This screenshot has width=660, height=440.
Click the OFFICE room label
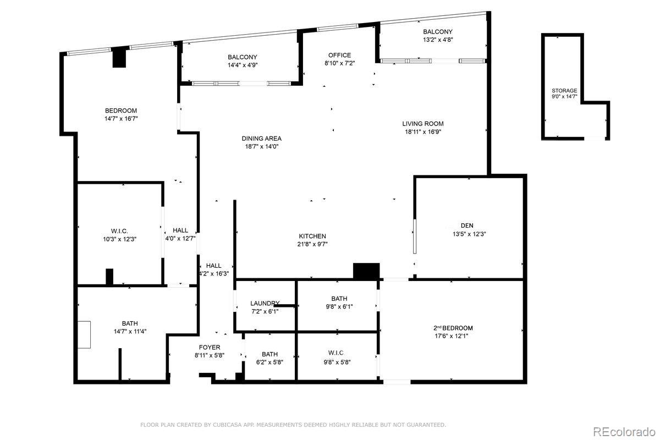click(339, 55)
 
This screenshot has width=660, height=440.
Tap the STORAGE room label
click(564, 90)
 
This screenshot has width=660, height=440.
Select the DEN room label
click(466, 226)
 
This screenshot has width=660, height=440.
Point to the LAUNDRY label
click(265, 303)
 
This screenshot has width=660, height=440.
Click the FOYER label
click(210, 347)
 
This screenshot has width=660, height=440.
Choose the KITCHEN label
click(312, 236)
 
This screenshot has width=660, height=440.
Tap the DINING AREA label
click(261, 139)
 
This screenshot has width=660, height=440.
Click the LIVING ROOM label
click(422, 124)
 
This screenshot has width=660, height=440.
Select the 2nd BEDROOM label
click(453, 328)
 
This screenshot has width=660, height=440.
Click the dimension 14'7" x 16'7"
click(120, 118)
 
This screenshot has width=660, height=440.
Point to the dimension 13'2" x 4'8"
click(438, 40)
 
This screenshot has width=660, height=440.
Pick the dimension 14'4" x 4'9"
click(243, 65)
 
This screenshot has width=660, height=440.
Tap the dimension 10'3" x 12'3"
click(119, 239)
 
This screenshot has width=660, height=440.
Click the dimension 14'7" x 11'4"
click(130, 331)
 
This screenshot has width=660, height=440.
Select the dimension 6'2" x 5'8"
click(269, 362)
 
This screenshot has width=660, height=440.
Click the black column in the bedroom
click(119, 58)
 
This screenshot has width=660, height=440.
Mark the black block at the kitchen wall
click(366, 271)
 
